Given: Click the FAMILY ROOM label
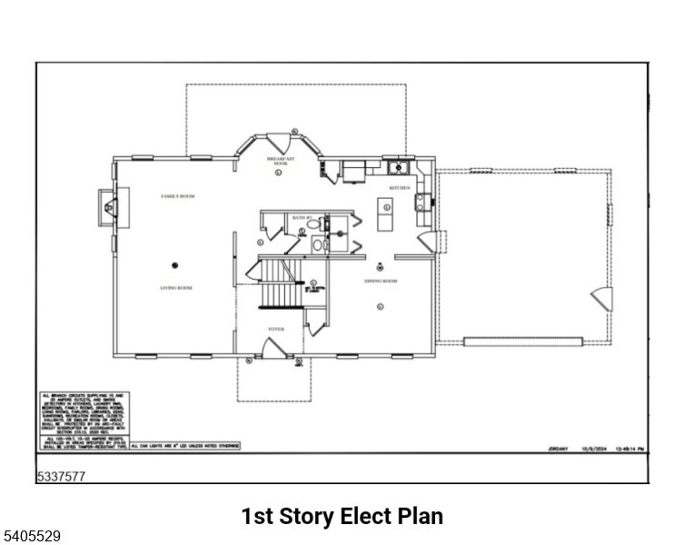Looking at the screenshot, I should pos(178,196).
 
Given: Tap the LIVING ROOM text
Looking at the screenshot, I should pos(176,288).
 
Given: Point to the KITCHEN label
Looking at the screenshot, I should pos(400,188).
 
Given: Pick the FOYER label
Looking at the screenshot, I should pos(275,329).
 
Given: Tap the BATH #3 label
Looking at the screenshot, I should pos(302,218).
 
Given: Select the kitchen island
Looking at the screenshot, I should pos(385,216).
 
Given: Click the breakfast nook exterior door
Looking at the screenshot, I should pos(278,144).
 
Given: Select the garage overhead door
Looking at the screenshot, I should pos(522,342).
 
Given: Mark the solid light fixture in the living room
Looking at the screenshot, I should pos(174,264).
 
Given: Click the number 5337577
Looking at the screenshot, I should pos(61,475).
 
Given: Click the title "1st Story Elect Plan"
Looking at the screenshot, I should pos(342,517).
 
